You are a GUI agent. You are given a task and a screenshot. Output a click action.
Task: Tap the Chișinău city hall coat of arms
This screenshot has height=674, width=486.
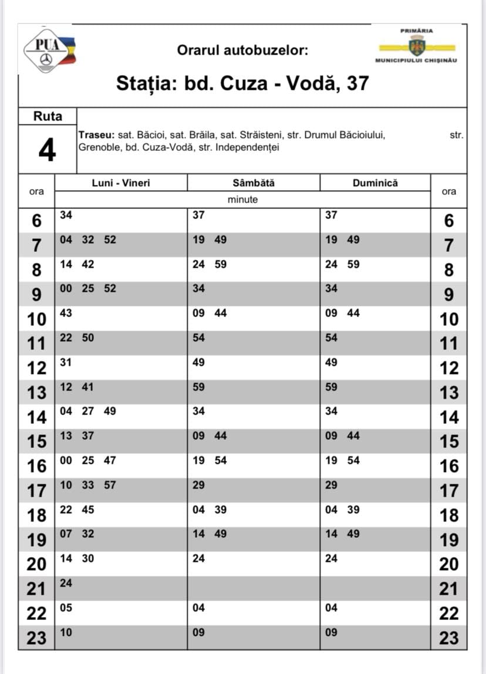[417, 45]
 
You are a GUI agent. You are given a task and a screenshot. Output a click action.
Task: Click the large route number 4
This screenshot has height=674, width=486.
[47, 151]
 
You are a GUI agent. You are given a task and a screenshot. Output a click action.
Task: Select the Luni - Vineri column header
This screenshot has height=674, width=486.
[121, 183]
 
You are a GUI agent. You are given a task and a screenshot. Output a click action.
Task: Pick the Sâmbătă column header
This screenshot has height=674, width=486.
[254, 183]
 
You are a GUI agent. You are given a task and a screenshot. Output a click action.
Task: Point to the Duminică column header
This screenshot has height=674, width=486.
[375, 183]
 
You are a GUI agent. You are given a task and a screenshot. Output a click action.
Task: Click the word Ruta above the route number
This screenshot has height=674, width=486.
[48, 116]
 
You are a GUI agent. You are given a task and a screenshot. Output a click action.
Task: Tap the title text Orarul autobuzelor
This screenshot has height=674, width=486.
[242, 50]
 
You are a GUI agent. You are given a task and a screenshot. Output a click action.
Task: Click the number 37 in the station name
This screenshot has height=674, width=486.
[357, 83]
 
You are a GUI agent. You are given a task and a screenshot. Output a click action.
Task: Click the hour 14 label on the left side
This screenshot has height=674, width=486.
[37, 417]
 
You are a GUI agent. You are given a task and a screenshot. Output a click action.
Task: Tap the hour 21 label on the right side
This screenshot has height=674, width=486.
[448, 588]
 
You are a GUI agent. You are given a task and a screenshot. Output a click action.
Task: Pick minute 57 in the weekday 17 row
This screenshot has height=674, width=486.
[110, 485]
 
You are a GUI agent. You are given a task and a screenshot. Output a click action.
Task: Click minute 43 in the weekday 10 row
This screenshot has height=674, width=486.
[66, 314]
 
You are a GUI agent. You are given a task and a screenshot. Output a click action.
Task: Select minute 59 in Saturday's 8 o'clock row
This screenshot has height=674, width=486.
[220, 264]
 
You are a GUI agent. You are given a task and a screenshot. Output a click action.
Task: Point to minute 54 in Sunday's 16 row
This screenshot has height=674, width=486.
[353, 460]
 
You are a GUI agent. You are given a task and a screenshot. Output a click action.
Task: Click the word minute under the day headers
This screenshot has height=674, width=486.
[242, 200]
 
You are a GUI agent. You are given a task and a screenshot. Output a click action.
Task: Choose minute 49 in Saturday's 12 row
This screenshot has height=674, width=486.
[199, 362]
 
